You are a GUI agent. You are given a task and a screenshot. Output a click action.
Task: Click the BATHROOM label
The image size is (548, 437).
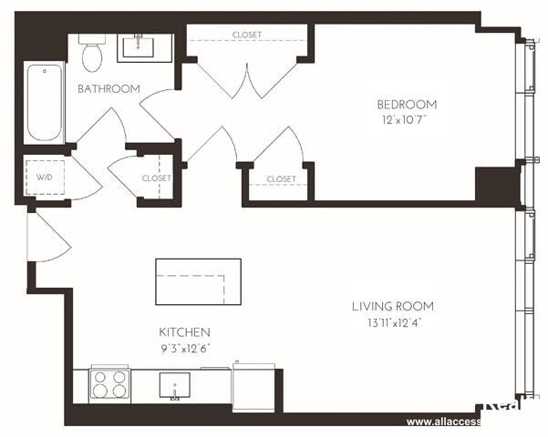[109, 88]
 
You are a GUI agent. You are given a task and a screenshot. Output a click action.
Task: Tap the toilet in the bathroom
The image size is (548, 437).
[91, 55]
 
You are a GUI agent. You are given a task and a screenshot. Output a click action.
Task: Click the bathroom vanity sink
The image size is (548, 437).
[143, 46]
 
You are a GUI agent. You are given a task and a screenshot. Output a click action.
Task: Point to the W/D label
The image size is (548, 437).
[44, 177]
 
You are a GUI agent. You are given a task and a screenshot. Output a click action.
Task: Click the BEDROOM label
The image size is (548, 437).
[407, 104]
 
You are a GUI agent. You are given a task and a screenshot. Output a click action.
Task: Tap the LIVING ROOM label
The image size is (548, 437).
[393, 307]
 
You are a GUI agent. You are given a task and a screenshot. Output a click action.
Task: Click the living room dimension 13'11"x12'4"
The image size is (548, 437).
[393, 322]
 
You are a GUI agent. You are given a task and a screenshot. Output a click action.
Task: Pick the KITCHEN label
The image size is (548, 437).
[185, 332]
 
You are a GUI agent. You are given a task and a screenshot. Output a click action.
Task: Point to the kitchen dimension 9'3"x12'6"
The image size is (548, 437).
[185, 348]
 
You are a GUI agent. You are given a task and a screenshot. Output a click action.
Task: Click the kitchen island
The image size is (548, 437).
[198, 281]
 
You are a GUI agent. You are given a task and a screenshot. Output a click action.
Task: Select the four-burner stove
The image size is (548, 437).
[109, 384]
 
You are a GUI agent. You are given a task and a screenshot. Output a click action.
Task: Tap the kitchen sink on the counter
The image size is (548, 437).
[175, 388]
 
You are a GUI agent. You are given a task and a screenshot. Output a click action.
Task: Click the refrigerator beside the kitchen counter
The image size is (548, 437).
[253, 387]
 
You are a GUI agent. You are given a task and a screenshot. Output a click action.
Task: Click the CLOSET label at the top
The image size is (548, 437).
[246, 35]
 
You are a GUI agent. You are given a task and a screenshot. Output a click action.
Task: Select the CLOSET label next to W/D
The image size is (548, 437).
[156, 178]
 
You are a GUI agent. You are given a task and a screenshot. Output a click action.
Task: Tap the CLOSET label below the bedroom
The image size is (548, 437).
[281, 179]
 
